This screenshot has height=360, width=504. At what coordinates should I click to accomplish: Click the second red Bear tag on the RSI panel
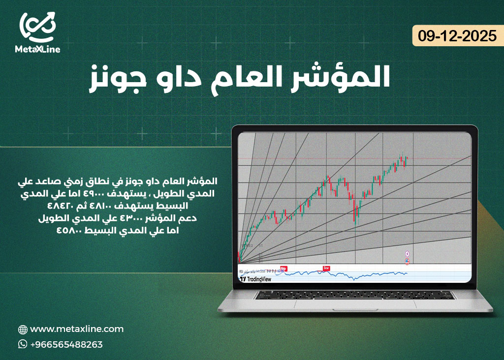tap(326, 269)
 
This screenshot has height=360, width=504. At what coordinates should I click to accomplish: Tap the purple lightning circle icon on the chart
tap(407, 253)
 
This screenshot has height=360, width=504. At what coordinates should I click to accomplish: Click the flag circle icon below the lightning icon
tap(407, 261)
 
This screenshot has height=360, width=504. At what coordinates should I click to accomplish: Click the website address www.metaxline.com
tap(77, 329)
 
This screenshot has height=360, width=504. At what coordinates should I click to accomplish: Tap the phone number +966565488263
tap(66, 344)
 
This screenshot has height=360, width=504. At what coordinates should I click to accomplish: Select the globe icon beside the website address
tap(23, 330)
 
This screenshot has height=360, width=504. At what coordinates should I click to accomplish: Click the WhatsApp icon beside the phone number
tap(23, 344)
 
